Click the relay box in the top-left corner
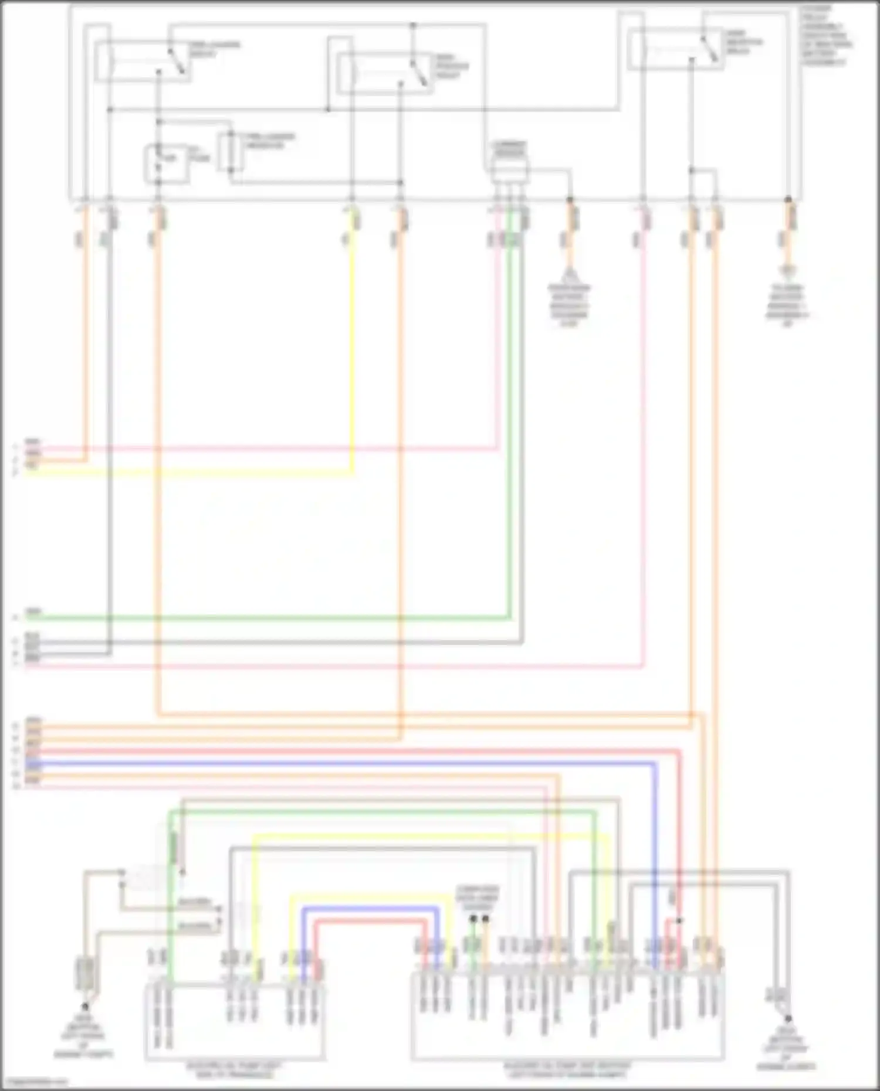(x=143, y=61)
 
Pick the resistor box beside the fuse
(x=226, y=152)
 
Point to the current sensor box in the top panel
(x=509, y=171)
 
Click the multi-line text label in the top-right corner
(x=827, y=35)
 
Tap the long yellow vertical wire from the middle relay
(x=352, y=352)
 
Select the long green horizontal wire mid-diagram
(x=264, y=617)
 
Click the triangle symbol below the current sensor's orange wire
(x=568, y=273)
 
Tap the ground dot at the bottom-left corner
(x=85, y=1006)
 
